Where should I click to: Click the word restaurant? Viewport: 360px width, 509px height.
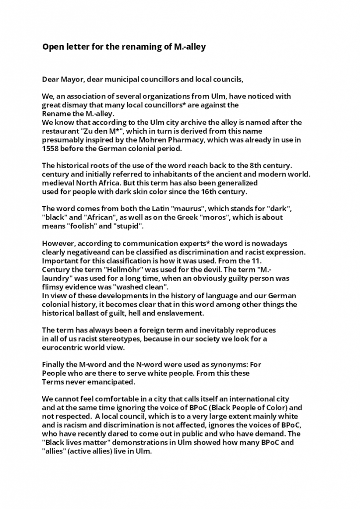coord(62,131)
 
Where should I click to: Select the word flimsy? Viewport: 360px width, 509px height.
coord(53,287)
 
